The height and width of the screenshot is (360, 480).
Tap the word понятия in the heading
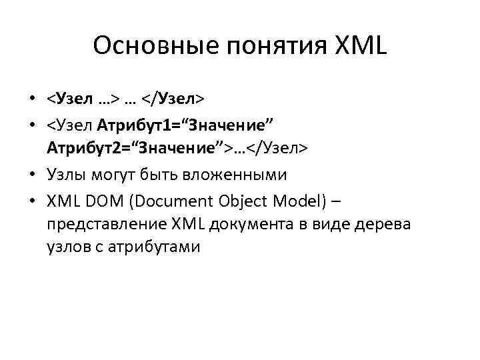coord(254,46)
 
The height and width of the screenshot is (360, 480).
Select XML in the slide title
coord(357,46)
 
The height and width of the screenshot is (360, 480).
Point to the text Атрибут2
coord(82,148)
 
